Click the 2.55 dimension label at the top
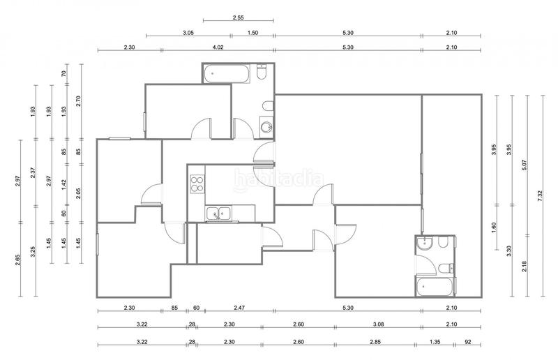[x=223, y=17]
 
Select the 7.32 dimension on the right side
[x=542, y=197]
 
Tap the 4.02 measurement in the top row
[x=218, y=47]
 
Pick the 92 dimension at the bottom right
[x=467, y=341]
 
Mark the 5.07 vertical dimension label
[x=525, y=167]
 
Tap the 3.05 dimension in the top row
[x=188, y=33]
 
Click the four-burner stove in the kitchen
[x=197, y=184]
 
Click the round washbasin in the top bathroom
[x=266, y=127]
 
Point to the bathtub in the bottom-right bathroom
[x=432, y=286]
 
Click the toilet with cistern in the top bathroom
[x=262, y=73]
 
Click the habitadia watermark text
[x=279, y=179]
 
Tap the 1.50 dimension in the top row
[x=252, y=33]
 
